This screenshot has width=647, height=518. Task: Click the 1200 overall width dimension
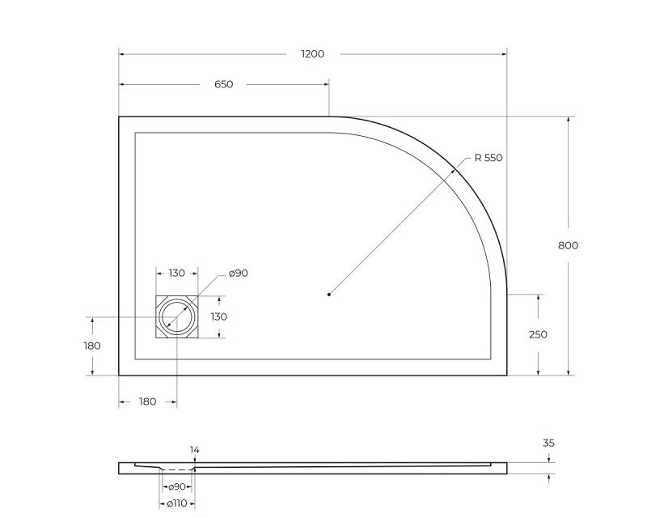point(312,54)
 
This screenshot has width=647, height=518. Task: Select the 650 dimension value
point(223,84)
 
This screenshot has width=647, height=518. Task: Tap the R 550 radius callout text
point(488,158)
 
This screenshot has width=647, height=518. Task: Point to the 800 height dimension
point(568,245)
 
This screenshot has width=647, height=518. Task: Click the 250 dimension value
point(537,334)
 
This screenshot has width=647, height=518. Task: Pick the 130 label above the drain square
point(176,273)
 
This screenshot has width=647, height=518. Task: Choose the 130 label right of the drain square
point(218,316)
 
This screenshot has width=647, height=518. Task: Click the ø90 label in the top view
point(238,273)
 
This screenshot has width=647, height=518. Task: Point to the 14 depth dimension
point(194,449)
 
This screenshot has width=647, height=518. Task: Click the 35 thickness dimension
point(548,443)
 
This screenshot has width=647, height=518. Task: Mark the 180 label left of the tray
point(92,346)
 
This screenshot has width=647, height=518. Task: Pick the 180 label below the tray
point(147,401)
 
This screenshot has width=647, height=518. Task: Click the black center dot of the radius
point(329,295)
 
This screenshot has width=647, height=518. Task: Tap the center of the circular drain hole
point(176,316)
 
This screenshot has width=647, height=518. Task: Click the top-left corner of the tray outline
point(120,117)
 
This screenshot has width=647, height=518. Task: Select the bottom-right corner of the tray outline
point(506,375)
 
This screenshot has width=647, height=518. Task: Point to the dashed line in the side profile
point(178,469)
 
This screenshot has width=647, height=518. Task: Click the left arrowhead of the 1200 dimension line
point(122,54)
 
